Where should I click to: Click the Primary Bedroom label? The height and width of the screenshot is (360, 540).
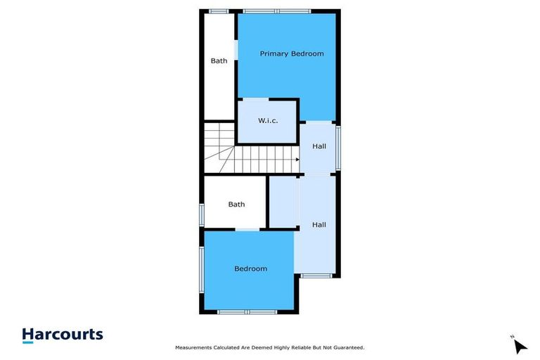coord(292,53)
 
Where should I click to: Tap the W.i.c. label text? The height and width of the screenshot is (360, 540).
coord(268,121)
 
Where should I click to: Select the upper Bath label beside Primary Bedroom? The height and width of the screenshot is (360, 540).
coord(219,60)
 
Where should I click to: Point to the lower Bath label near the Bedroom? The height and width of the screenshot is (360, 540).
coord(236,205)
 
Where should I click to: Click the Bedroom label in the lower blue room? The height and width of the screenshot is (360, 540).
coord(251,269)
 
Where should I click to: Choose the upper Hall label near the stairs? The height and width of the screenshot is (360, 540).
coord(319,146)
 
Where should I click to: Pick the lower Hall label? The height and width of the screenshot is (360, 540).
coord(319,225)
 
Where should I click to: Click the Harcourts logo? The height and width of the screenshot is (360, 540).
coord(63,335)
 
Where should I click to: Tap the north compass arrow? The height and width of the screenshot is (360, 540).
coord(520,346)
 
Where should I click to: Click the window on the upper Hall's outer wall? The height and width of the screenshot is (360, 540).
coord(338,147)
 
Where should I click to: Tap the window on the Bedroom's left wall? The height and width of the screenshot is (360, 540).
coord(202,269)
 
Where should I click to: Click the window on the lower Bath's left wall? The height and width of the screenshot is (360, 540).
coord(202,214)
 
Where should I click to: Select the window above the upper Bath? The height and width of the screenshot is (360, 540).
coord(219,11)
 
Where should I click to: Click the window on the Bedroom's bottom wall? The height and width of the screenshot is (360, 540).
coord(247,311)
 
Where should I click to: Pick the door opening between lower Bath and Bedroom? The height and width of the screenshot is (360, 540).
coord(247,229)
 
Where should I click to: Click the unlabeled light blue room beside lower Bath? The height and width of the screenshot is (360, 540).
coord(283,202)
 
